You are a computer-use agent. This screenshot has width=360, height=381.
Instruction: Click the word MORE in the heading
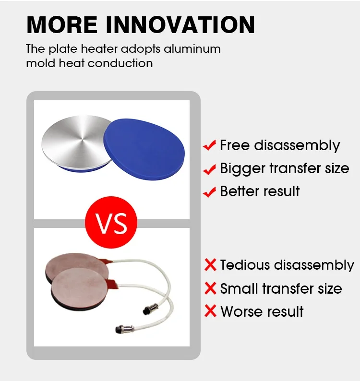62,24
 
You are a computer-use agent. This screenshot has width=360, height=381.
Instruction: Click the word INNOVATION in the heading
180,24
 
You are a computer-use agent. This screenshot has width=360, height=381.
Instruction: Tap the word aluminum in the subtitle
192,48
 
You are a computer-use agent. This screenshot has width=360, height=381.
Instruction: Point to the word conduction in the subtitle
120,63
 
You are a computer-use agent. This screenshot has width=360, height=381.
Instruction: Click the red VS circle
111,222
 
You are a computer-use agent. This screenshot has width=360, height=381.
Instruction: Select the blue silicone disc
144,149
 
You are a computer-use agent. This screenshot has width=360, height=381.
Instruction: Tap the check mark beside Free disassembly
209,145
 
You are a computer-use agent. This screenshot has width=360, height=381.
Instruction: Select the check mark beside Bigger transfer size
209,169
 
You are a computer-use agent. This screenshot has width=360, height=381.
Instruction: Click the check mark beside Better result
209,192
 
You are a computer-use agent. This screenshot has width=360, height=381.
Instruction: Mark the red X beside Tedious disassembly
211,264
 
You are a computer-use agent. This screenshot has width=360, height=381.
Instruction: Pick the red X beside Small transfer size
211,288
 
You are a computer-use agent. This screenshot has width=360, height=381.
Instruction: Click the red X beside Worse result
211,311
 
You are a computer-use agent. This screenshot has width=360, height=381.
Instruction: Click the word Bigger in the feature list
242,169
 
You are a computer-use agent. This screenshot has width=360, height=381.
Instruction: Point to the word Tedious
245,264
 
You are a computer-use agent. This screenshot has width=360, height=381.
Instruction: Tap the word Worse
240,311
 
